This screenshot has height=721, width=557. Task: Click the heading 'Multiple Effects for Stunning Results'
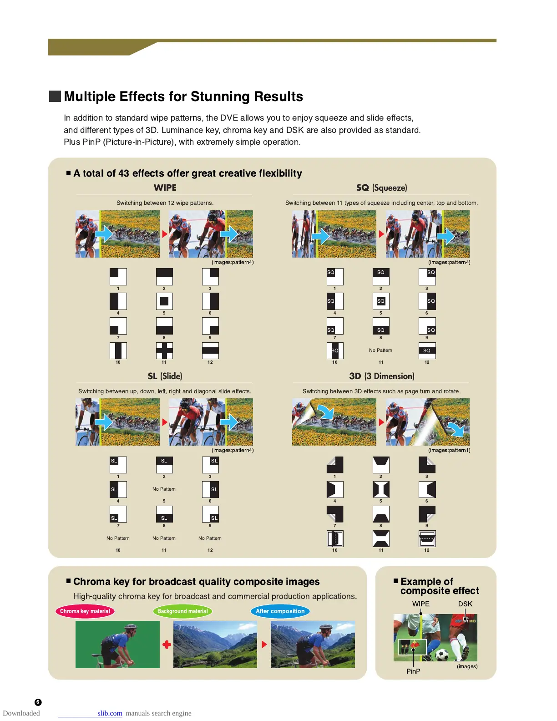pyautogui.click(x=183, y=96)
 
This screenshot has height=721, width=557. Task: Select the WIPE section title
pyautogui.click(x=165, y=188)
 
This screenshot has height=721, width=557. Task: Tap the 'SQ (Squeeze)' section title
pyautogui.click(x=381, y=188)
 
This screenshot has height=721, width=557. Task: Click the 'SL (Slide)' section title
pyautogui.click(x=165, y=376)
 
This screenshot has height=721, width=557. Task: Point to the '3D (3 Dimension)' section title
pyautogui.click(x=381, y=376)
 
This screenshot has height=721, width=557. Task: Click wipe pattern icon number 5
pyautogui.click(x=164, y=301)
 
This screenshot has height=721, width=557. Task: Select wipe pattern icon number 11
pyautogui.click(x=164, y=350)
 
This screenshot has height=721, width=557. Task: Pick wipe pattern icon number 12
pyautogui.click(x=210, y=350)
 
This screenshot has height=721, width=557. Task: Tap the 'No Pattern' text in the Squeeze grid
pyautogui.click(x=380, y=350)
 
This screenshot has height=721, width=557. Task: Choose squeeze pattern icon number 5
pyautogui.click(x=381, y=301)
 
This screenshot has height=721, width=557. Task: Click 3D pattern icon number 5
pyautogui.click(x=381, y=489)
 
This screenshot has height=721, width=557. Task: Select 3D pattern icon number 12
pyautogui.click(x=427, y=538)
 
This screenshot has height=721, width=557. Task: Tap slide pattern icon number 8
pyautogui.click(x=164, y=514)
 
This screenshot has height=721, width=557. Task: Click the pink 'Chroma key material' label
pyautogui.click(x=85, y=611)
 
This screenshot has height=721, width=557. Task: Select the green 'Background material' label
pyautogui.click(x=182, y=611)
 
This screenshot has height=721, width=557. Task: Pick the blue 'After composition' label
pyautogui.click(x=280, y=611)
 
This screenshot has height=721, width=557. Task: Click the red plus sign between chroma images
pyautogui.click(x=167, y=645)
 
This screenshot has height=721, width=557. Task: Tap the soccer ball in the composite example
pyautogui.click(x=442, y=655)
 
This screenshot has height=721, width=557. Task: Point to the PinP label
pyautogui.click(x=413, y=671)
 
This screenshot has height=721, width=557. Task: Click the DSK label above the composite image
pyautogui.click(x=465, y=604)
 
